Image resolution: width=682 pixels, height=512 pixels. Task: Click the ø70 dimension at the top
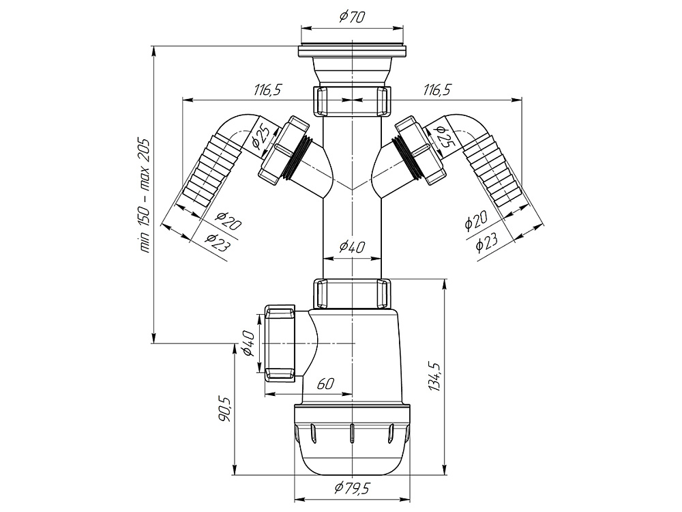[352, 18]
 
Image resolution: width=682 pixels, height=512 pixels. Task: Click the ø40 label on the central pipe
[352, 247]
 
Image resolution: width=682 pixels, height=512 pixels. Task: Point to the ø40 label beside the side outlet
[248, 343]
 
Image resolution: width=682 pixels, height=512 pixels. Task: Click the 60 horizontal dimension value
[325, 384]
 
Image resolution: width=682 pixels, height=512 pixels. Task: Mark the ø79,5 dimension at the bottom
[352, 488]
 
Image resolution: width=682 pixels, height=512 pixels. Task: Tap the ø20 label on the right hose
[475, 221]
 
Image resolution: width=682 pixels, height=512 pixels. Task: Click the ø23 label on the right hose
[487, 242]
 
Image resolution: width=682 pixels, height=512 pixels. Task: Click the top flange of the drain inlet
[352, 52]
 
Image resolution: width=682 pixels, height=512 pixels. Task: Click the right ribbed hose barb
[495, 171]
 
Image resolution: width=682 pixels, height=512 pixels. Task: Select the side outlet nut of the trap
[280, 343]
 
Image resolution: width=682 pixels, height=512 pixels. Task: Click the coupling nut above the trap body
[353, 294]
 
